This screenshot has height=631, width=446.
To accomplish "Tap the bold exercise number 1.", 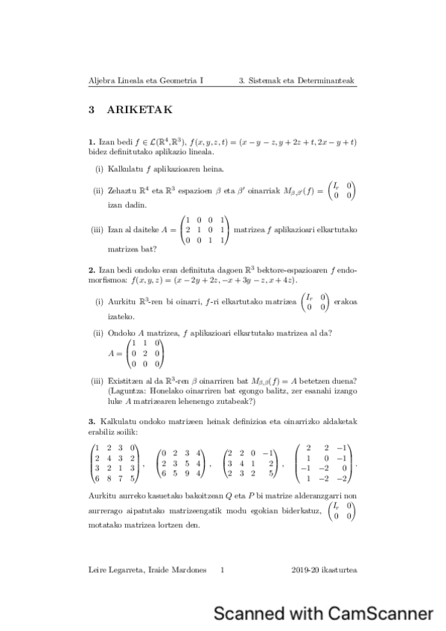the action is point(91,141).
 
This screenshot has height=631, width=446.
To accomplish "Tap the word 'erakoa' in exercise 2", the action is point(345,301).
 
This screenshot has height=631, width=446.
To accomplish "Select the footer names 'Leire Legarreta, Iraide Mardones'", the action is point(145,571).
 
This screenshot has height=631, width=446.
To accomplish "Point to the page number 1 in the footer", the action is point(223,571).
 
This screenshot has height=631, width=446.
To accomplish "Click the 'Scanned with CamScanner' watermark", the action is point(323,613).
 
